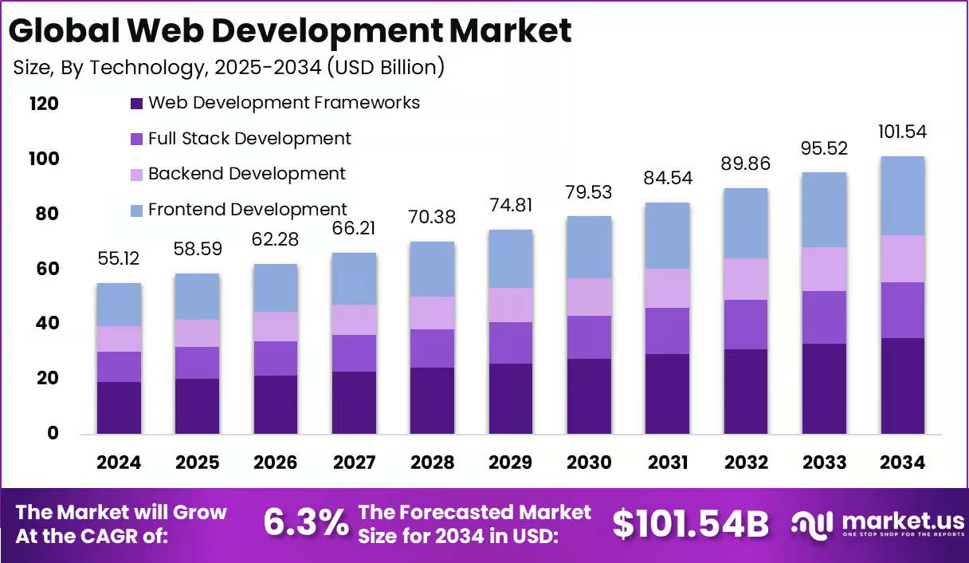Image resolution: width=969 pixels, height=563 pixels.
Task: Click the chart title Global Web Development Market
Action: tap(289, 31)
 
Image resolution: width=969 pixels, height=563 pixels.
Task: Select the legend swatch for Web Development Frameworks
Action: tap(136, 103)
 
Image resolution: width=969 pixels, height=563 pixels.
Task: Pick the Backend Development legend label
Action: tap(246, 174)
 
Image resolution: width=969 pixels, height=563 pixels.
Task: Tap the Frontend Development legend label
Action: tap(247, 210)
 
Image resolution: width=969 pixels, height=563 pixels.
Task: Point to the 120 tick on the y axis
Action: tap(44, 104)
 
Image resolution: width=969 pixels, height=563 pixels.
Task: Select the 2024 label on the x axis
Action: tap(119, 463)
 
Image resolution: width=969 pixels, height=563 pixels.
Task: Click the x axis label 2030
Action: tap(589, 463)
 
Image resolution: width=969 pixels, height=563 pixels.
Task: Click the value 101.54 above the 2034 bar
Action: tap(903, 132)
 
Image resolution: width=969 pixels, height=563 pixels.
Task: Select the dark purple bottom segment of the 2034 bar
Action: tap(902, 386)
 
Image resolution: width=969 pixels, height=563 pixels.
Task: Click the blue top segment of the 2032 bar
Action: tap(746, 223)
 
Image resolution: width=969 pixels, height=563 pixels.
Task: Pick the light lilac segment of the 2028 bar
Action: tap(433, 313)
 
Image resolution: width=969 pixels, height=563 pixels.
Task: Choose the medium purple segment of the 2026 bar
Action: tap(276, 358)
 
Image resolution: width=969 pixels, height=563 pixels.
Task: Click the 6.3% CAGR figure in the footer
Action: tap(306, 523)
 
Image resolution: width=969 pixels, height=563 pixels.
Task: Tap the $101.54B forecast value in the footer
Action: tap(690, 524)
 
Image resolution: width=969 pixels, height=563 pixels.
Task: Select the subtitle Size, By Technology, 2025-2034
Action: tap(229, 68)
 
